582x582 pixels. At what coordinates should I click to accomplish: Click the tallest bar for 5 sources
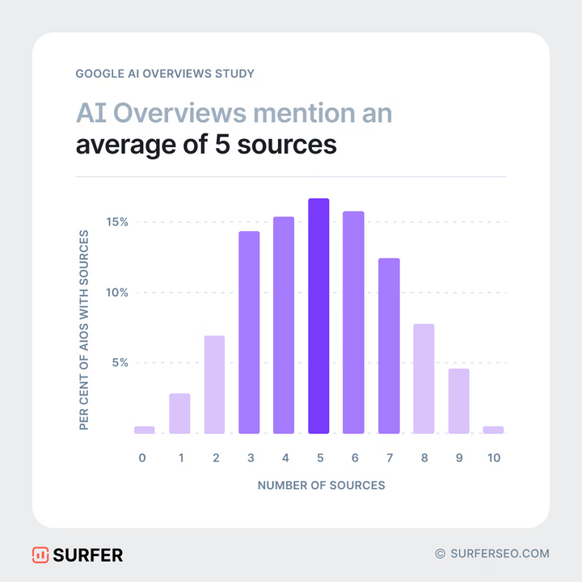coord(318,316)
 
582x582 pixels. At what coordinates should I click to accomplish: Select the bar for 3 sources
coord(249,332)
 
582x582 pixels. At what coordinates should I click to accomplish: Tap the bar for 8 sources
coord(424,378)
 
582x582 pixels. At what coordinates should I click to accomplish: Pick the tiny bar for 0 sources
coord(145,430)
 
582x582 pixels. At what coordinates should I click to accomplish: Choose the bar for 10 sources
coord(493,430)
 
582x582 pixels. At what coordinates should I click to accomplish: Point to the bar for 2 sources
coord(214,385)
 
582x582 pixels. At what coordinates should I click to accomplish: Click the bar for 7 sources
coord(389,346)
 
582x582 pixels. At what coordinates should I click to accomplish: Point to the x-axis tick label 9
coord(459,458)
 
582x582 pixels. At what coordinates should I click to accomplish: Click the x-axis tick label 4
coord(285,458)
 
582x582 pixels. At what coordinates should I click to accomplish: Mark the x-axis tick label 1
coord(180,458)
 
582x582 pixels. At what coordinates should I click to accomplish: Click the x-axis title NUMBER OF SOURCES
coord(321,486)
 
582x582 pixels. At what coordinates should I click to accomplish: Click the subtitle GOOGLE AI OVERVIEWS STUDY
coord(165,74)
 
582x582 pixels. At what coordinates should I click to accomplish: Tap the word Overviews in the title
coord(188,113)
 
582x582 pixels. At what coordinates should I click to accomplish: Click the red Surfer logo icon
coord(40,555)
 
